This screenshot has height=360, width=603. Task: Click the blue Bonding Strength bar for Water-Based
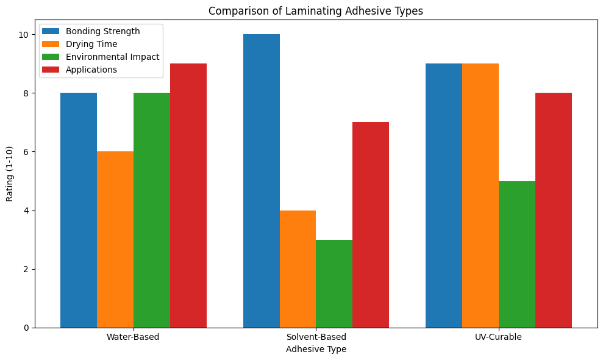coord(79,210)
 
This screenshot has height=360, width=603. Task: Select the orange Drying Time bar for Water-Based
coord(115,239)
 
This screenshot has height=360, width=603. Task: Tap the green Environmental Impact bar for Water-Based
coord(152,210)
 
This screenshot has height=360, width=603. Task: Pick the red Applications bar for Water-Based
coord(188,195)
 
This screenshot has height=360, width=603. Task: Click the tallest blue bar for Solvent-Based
coord(261,181)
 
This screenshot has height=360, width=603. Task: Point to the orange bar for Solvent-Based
coord(298,268)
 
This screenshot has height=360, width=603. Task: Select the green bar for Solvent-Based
coord(334,283)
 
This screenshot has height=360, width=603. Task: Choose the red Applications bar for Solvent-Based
coord(371,225)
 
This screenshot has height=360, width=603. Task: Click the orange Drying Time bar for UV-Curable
coord(480,195)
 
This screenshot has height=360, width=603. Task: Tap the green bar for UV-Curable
coord(517,254)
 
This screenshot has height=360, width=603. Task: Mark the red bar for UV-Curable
coord(554,210)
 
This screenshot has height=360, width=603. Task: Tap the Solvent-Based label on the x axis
coord(316,337)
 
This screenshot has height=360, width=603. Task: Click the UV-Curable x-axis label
coord(498,337)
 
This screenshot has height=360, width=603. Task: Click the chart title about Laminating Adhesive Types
coord(316,10)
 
